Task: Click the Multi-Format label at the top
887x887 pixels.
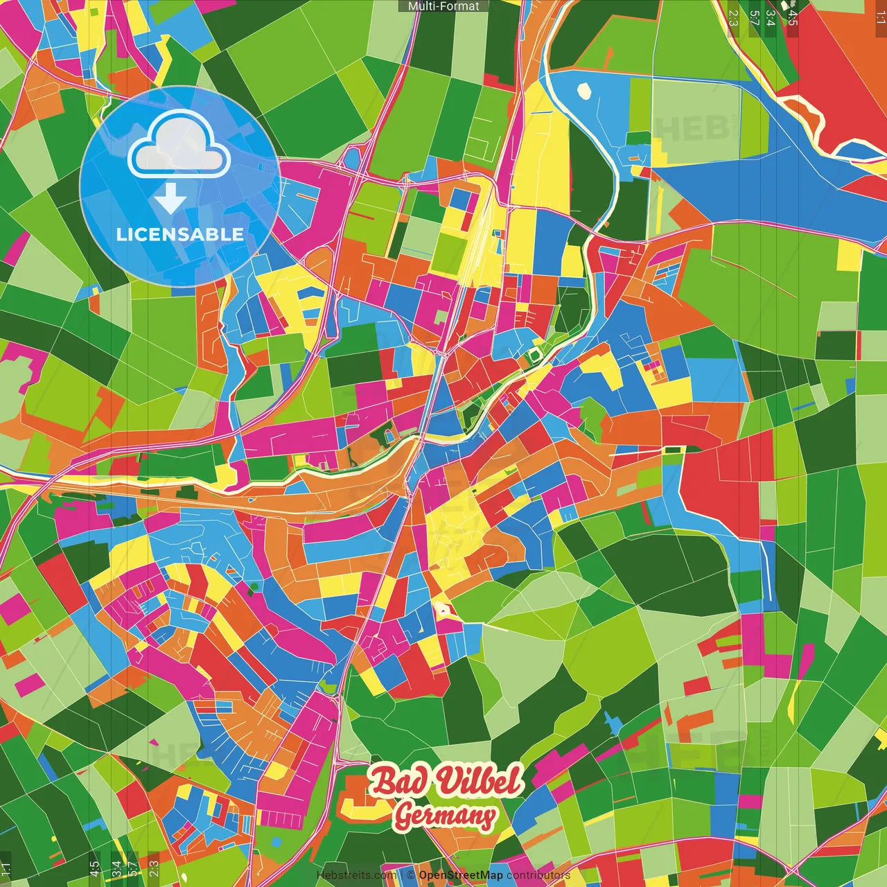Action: (x=443, y=6)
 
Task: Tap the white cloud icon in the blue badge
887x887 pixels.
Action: (x=179, y=146)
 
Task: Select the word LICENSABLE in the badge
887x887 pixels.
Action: (x=179, y=234)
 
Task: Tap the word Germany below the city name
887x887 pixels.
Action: (x=445, y=816)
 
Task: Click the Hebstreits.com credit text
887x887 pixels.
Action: (x=355, y=875)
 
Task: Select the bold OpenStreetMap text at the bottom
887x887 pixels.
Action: (x=461, y=875)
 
